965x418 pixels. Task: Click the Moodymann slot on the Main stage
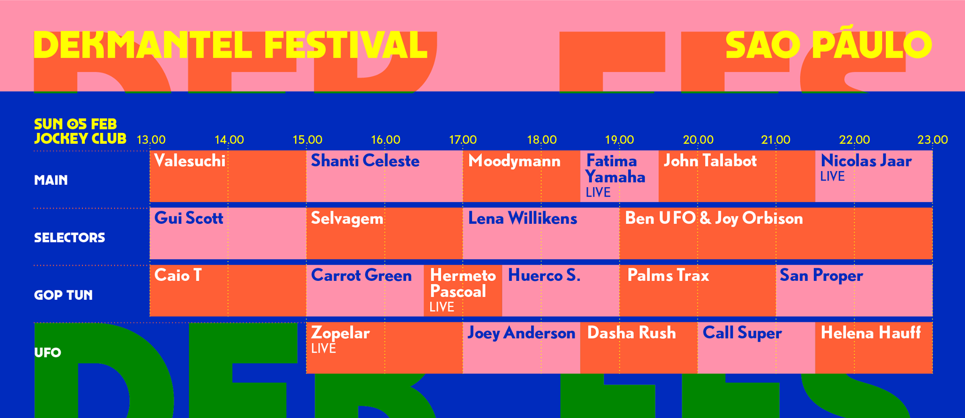[x=522, y=176]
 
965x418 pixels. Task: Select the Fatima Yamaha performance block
[x=620, y=176]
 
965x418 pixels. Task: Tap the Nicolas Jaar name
[x=866, y=161]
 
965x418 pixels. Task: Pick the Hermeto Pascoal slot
[x=463, y=291]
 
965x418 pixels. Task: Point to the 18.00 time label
[x=542, y=140]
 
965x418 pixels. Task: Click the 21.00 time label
[x=776, y=140]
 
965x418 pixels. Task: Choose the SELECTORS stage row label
[x=70, y=238]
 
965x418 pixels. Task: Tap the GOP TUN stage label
[x=64, y=295]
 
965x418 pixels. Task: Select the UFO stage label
[x=48, y=352]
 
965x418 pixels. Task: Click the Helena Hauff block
[x=874, y=348]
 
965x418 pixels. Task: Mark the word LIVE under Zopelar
[x=324, y=349]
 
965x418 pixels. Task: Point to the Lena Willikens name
[x=523, y=219]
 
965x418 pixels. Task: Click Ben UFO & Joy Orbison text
[x=714, y=219]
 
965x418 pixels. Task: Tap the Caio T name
[x=178, y=275]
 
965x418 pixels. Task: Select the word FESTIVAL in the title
[x=345, y=45]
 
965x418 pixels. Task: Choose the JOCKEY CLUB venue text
[x=80, y=139]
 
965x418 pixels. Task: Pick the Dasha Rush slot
[x=639, y=348]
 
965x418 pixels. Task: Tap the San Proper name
[x=821, y=276]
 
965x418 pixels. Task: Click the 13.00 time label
[x=151, y=140]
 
